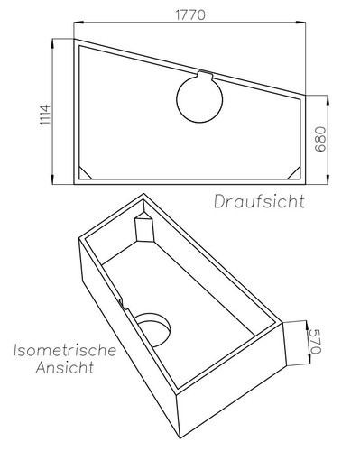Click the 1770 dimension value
click(x=189, y=14)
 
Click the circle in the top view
click(x=197, y=98)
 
